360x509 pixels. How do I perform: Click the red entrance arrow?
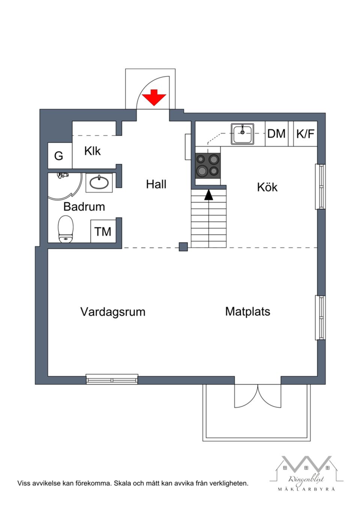point(154,98)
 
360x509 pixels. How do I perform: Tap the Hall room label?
point(156,184)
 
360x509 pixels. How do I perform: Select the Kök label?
point(267,187)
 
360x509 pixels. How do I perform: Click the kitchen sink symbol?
point(243,134)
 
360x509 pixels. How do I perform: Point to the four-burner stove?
point(208,165)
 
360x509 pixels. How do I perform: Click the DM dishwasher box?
point(276,134)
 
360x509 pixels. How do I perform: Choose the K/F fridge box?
point(305,134)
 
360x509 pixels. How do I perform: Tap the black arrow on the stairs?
point(208,195)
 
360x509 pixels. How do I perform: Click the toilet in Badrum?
point(66,229)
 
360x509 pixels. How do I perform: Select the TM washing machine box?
point(103,231)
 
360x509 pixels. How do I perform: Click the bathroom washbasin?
point(99,183)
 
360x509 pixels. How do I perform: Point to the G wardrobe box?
point(59,156)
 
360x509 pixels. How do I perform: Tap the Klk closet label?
point(92,151)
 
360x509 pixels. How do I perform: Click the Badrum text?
point(84,207)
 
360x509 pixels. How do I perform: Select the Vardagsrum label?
point(112,312)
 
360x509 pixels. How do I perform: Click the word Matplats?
point(247,311)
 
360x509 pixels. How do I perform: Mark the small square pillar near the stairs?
point(183,247)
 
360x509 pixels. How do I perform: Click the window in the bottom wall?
point(112,379)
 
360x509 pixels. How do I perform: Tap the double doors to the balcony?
point(258,396)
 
